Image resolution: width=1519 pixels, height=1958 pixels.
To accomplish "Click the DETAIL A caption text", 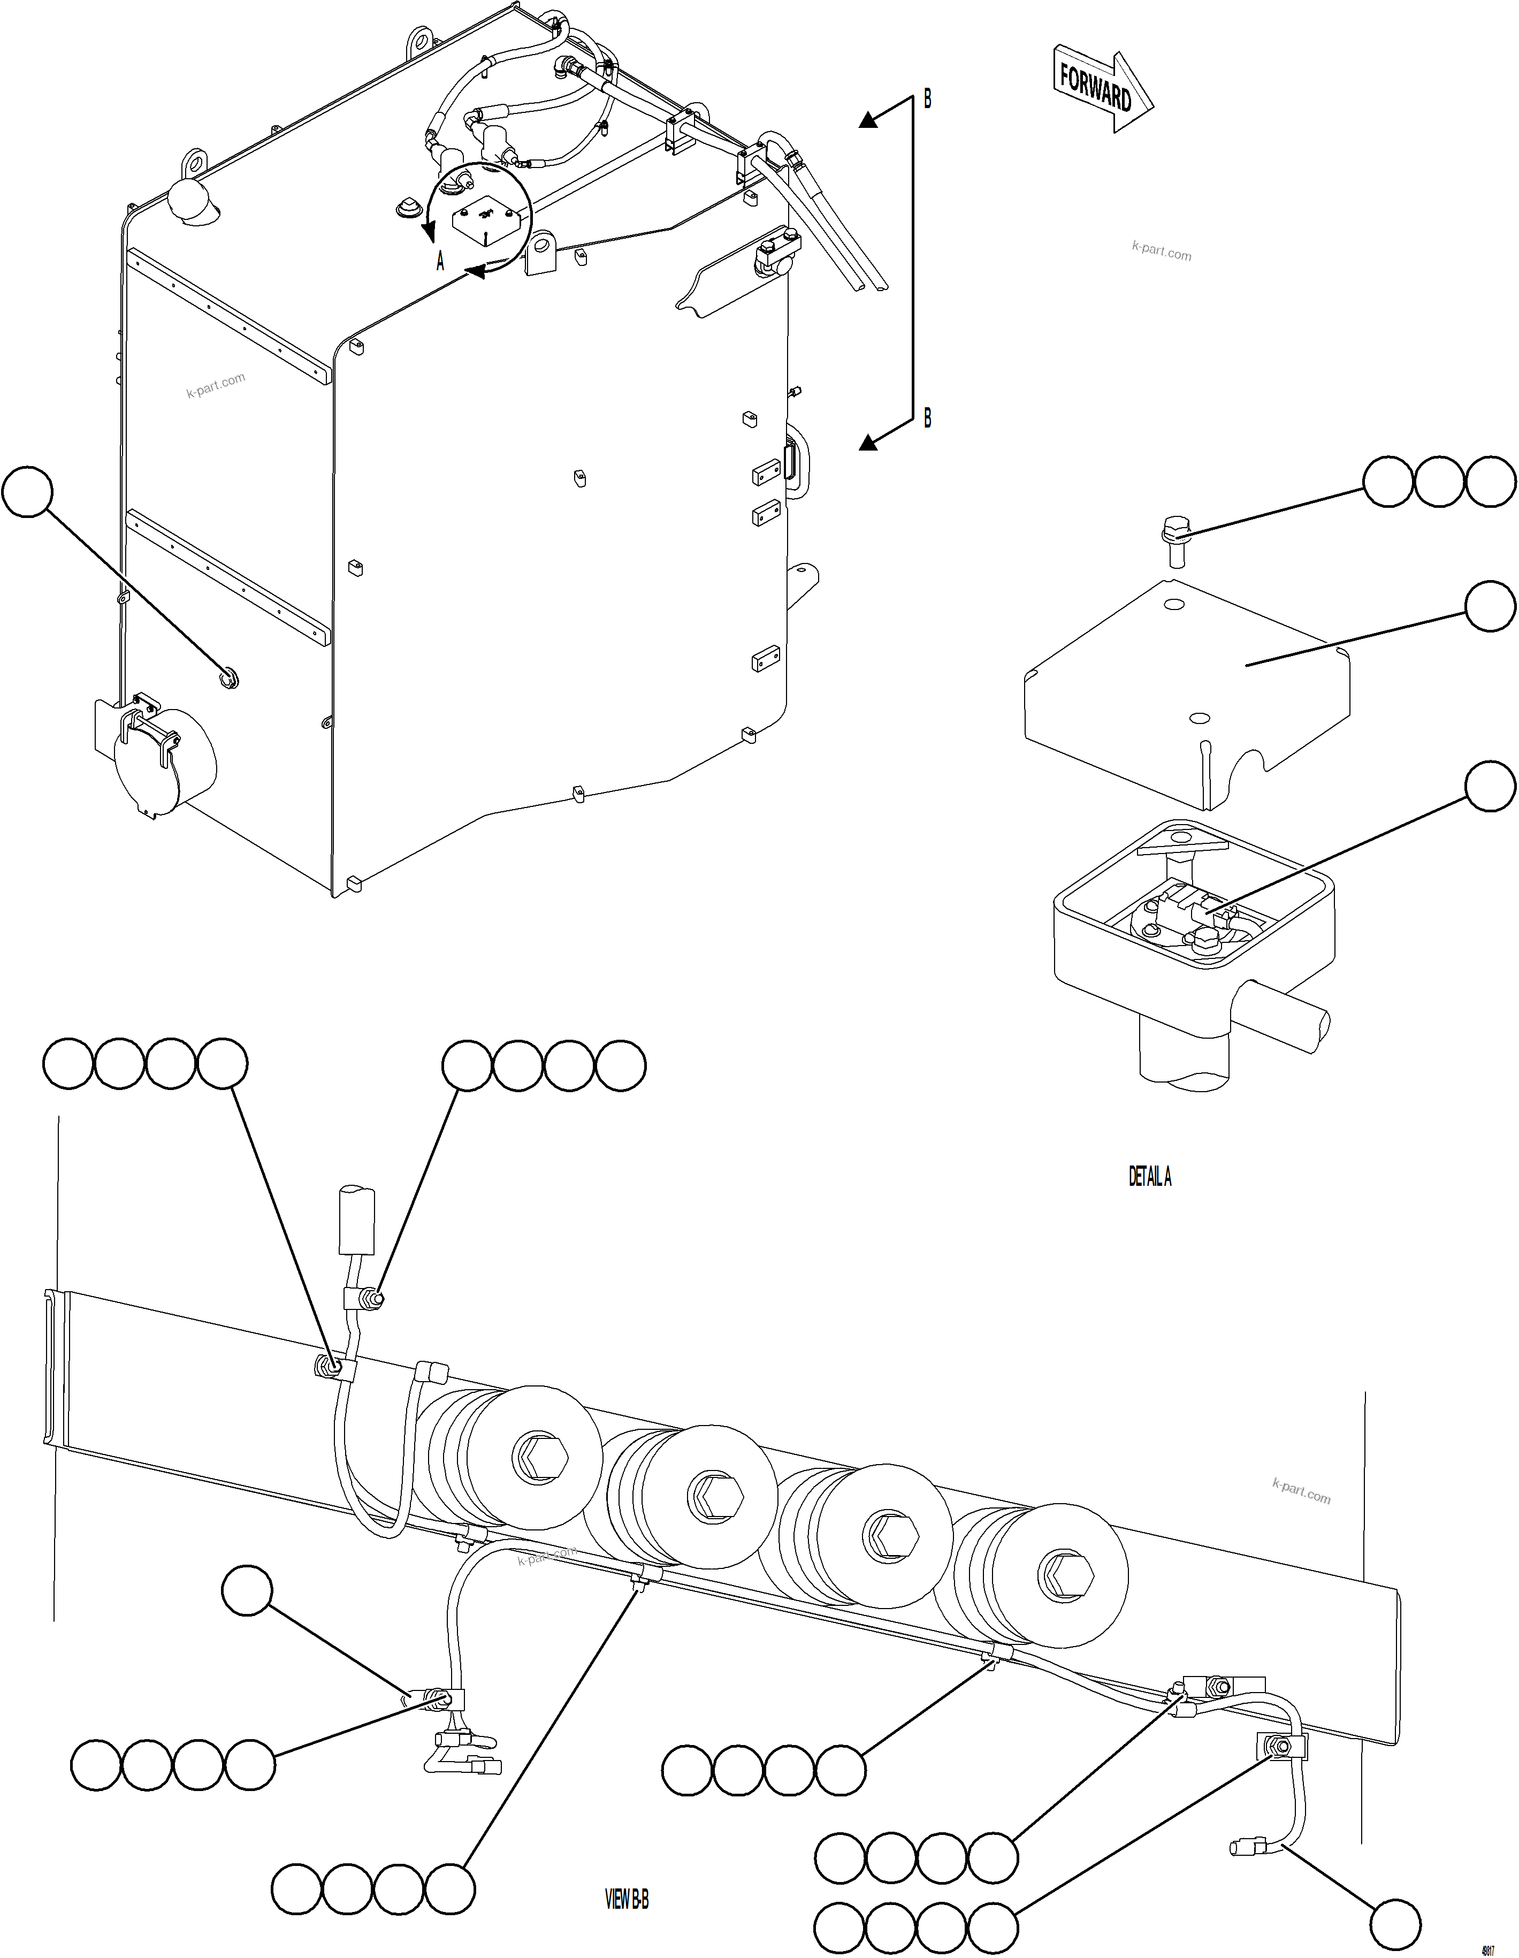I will point(1150,1176).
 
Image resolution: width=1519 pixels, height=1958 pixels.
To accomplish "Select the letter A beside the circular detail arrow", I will point(440,262).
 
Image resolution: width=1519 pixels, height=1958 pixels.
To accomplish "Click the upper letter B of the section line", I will point(928,100).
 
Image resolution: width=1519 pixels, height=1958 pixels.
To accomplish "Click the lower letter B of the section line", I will point(928,418).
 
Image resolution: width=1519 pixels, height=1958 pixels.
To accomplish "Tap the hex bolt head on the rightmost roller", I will point(1065,1575).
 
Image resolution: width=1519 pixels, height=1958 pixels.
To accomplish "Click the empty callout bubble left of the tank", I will point(28,491).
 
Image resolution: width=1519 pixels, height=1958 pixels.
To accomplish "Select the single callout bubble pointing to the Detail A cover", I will point(1490,607).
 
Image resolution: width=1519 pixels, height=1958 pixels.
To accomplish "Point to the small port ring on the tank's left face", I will point(230,678).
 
